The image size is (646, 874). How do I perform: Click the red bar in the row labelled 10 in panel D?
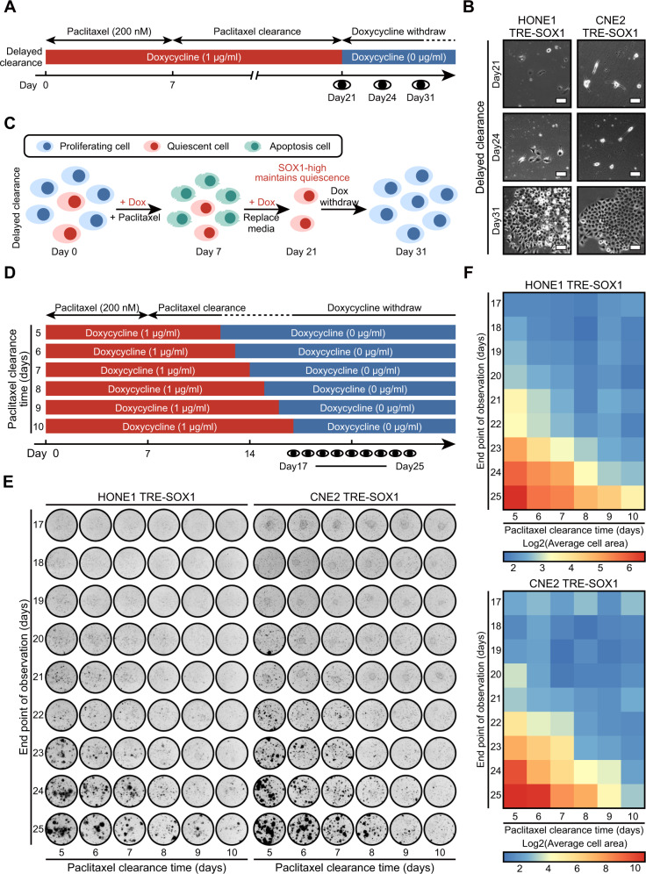tap(169, 426)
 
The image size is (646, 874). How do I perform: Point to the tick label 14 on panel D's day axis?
tap(250, 455)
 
